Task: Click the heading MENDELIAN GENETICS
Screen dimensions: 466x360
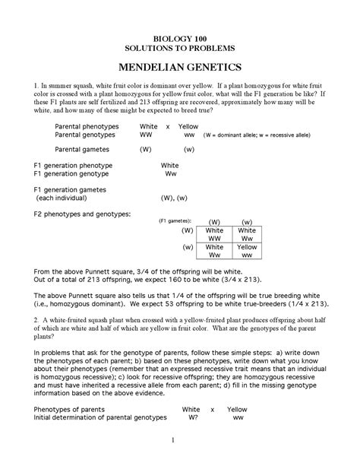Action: (180, 67)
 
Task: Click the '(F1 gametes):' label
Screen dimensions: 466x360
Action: (175, 221)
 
